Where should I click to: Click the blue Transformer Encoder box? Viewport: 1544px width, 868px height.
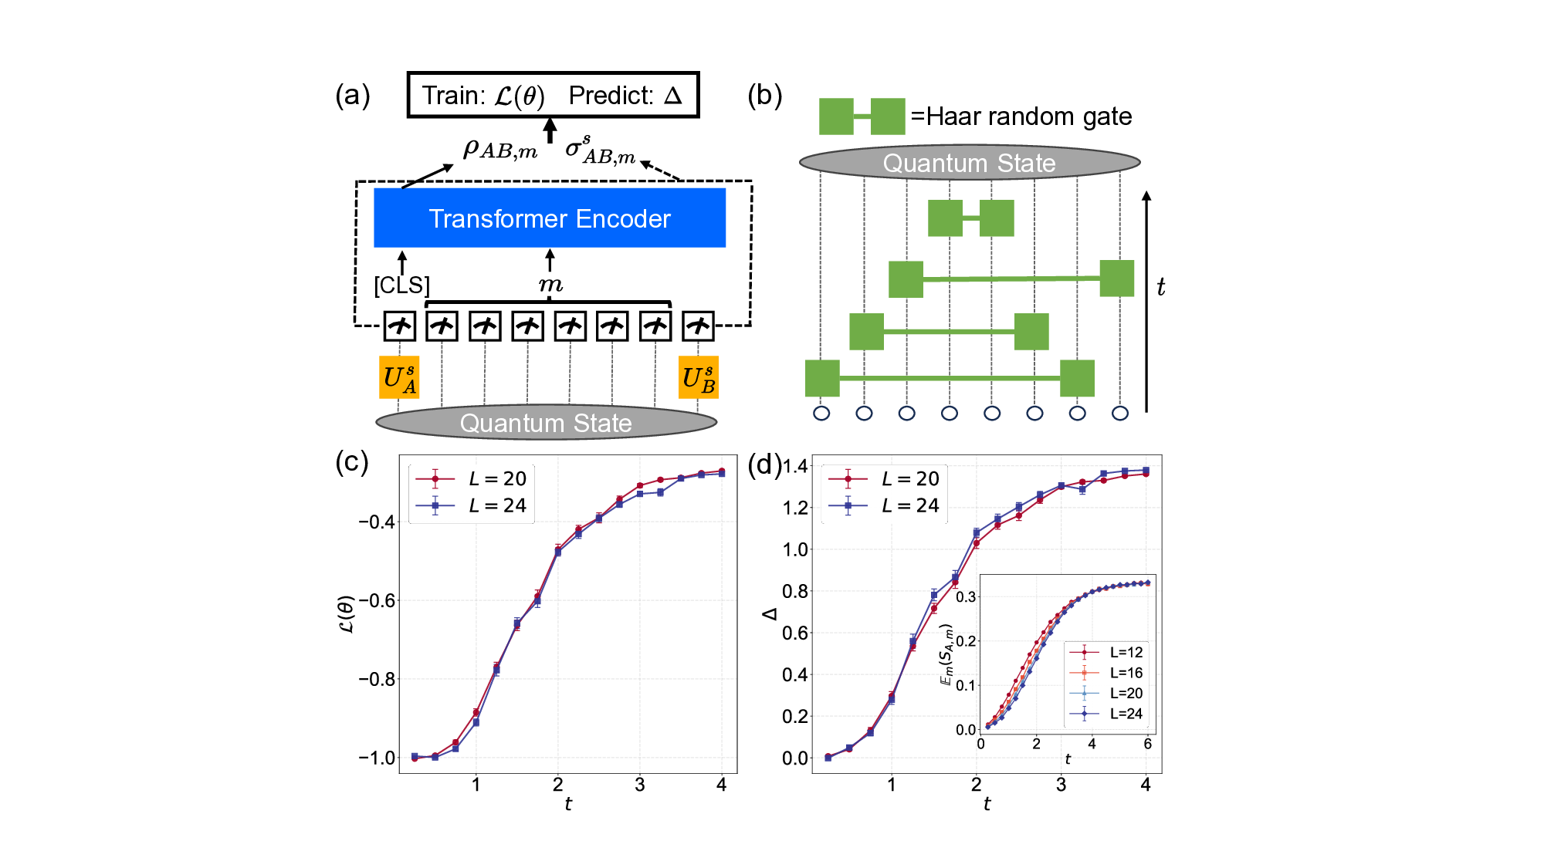(x=550, y=218)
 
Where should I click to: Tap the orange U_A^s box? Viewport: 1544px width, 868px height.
(x=399, y=377)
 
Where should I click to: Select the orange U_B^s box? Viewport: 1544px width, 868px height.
(x=699, y=377)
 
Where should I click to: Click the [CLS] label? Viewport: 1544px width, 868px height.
(x=401, y=285)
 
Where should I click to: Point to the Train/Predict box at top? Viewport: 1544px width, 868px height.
(x=553, y=95)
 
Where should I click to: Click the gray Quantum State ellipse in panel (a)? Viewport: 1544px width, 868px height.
(x=546, y=422)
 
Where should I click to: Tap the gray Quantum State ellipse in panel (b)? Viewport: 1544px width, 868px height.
(x=969, y=163)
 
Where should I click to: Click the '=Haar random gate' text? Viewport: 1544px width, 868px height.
(x=1021, y=117)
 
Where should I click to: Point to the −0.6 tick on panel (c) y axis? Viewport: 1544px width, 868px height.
(x=376, y=600)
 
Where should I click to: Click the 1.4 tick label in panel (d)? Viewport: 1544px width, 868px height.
(x=795, y=466)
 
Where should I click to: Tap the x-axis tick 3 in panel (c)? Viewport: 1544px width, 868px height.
(x=639, y=785)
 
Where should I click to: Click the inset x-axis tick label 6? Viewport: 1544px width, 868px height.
(x=1147, y=744)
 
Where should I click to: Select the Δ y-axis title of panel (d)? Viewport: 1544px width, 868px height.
(x=770, y=614)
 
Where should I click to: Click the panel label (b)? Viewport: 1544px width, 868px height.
(x=765, y=95)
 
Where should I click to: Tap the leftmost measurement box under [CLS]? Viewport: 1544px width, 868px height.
(x=399, y=326)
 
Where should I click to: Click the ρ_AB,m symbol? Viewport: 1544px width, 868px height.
(x=499, y=149)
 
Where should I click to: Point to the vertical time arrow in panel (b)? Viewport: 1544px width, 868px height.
(x=1146, y=301)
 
